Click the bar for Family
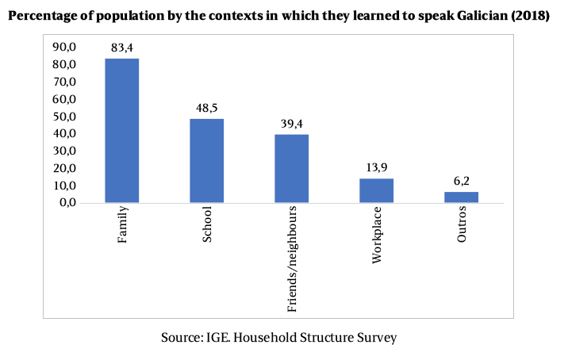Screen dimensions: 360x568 click(122, 131)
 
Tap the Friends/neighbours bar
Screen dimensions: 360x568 click(292, 169)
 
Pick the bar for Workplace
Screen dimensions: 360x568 click(377, 190)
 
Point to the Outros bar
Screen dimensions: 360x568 click(461, 197)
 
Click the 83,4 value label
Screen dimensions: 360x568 click(122, 49)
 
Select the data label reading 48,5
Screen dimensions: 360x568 click(207, 108)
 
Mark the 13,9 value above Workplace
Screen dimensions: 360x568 click(377, 168)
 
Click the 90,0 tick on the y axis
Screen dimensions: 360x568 click(64, 48)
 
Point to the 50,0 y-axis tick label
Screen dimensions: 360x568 click(64, 117)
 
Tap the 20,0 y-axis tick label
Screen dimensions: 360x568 click(64, 168)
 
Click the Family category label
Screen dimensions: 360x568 click(123, 227)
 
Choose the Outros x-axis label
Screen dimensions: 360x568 click(462, 227)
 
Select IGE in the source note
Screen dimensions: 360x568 click(217, 338)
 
